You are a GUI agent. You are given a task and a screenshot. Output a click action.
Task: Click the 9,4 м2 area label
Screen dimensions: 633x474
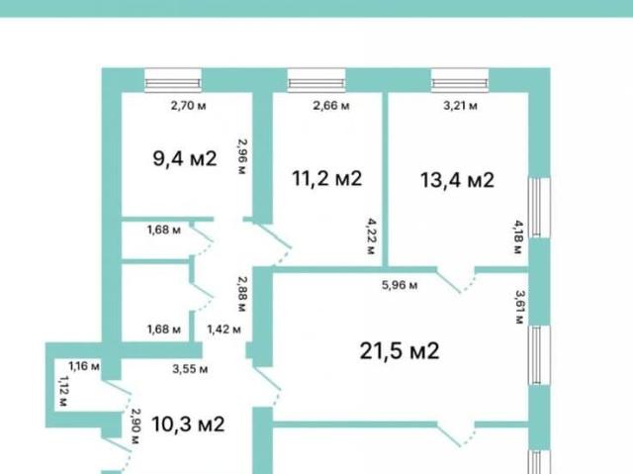pos(185,158)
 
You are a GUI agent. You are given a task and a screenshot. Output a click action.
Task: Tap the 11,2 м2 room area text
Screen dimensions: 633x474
pos(327,178)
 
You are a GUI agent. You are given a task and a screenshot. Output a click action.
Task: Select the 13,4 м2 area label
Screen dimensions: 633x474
pos(457,180)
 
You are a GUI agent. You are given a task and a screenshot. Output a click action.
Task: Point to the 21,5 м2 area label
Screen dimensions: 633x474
pos(400,350)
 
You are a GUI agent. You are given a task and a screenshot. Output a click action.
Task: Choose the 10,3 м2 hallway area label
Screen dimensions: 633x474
pos(188,425)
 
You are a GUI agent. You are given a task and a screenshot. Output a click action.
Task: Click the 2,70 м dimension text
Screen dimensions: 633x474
pos(189,106)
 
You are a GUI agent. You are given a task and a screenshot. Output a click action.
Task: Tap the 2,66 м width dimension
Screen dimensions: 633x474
pos(331,106)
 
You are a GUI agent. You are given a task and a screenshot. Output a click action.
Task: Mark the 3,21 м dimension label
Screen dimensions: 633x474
pos(461,106)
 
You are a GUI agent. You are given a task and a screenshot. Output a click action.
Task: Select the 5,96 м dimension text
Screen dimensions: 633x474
pos(400,285)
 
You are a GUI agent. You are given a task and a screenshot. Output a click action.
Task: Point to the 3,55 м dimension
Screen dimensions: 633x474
pos(190,369)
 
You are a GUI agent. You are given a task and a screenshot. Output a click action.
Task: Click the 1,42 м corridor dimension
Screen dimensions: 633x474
pos(225,330)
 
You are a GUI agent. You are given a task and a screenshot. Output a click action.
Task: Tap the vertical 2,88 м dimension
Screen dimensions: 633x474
pos(242,294)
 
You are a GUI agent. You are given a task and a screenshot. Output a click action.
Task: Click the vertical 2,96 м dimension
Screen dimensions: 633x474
pos(242,156)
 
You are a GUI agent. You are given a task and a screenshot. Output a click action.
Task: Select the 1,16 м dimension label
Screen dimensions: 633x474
pos(84,366)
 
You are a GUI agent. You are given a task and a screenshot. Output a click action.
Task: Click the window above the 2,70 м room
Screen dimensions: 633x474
pos(173,81)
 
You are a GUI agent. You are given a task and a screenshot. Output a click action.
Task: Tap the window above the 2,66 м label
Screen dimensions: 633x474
pos(316,81)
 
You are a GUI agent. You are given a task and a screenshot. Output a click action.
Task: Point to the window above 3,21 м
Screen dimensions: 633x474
pos(460,81)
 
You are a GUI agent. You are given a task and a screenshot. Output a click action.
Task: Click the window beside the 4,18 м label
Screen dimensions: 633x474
pos(540,208)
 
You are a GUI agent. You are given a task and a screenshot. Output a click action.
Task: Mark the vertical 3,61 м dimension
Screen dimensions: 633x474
pos(519,306)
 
